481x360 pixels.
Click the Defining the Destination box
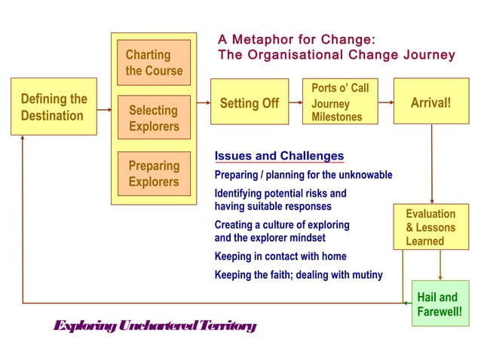click(x=54, y=107)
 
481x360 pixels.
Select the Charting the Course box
click(x=154, y=63)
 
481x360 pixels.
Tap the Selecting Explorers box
click(x=154, y=117)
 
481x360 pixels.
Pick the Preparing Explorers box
click(x=154, y=173)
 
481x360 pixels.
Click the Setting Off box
click(x=249, y=102)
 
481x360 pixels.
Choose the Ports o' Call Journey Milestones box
click(x=339, y=102)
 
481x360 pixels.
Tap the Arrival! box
click(x=430, y=102)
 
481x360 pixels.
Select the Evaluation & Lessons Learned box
click(x=430, y=226)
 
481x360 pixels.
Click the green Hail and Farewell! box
click(x=440, y=303)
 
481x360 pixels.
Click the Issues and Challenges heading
click(x=279, y=156)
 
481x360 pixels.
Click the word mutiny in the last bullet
click(x=365, y=275)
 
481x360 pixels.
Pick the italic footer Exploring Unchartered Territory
click(x=155, y=326)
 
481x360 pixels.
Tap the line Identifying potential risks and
click(x=280, y=194)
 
